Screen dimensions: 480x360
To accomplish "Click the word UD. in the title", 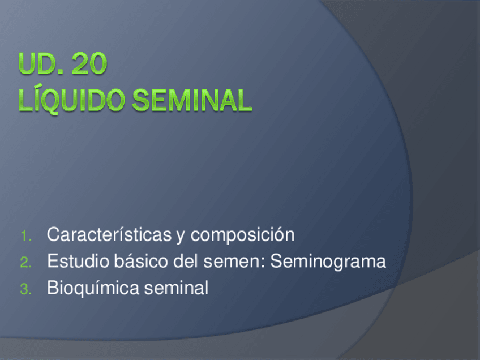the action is (41, 63).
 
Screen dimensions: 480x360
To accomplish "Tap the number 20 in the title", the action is (89, 63).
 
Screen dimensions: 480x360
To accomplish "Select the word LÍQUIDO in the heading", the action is (72, 100).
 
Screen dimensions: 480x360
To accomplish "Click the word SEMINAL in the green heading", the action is (192, 100).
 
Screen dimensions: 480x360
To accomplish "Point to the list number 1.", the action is (25, 236).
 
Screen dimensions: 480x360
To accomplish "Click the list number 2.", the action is (25, 263).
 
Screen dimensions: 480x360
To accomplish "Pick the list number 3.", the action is (25, 289).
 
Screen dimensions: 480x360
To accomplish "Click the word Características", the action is (109, 234).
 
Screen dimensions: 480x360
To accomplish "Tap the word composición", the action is (242, 235).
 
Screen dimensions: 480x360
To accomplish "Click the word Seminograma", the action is (328, 262).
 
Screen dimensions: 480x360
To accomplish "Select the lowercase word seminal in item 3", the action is (177, 288).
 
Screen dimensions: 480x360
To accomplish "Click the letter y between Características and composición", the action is (181, 237).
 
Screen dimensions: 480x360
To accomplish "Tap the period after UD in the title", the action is (61, 72).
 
